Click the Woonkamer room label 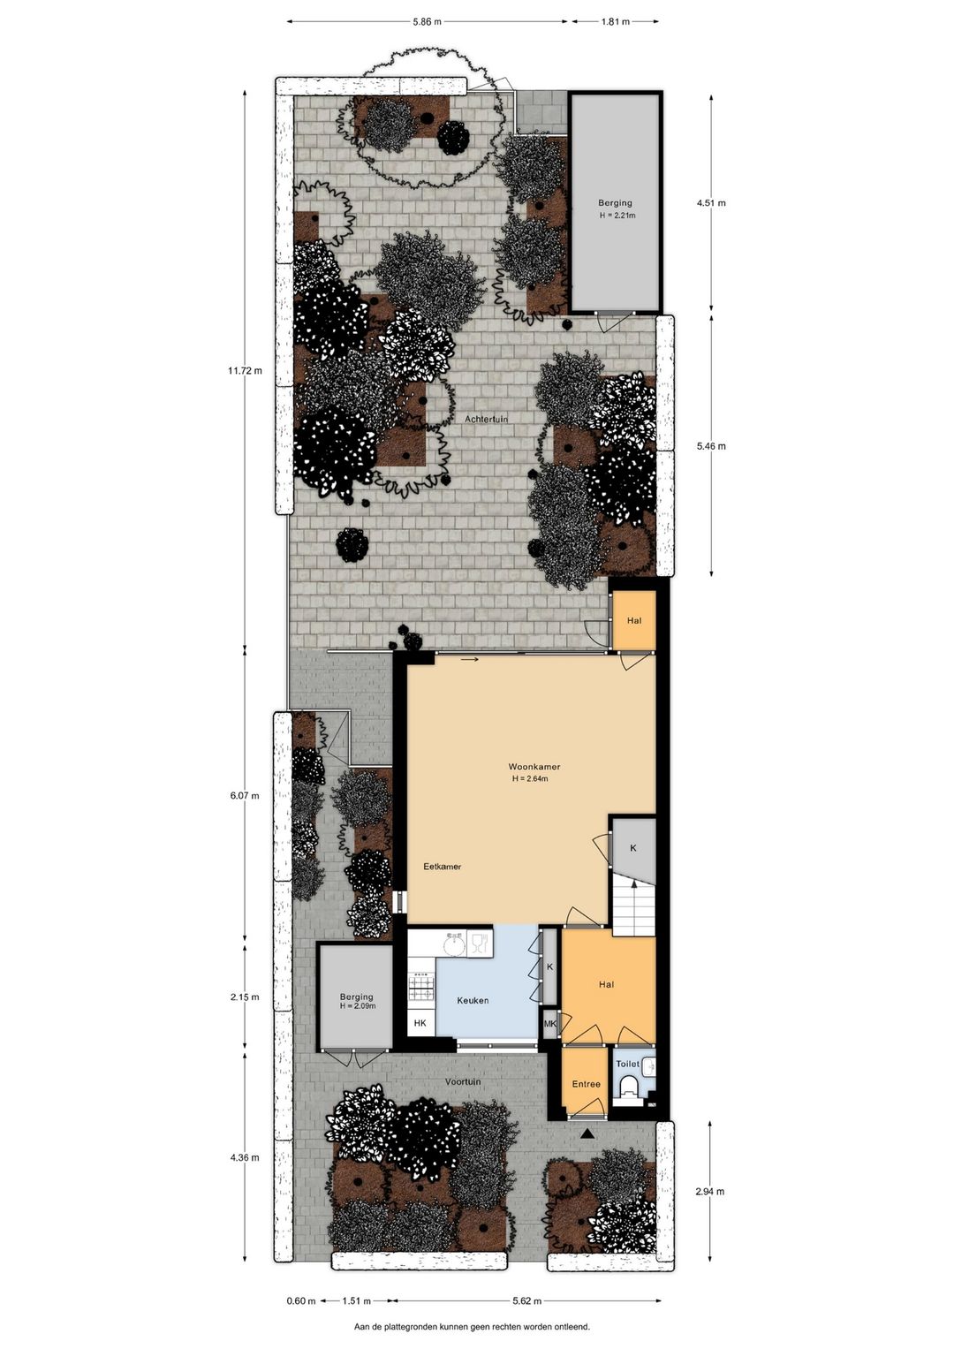pos(534,767)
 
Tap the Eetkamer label pos(442,867)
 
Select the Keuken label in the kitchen pos(473,1000)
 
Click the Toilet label pos(627,1065)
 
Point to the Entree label pos(586,1084)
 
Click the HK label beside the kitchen pos(420,1023)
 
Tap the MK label pos(549,1023)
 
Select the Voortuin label pos(463,1081)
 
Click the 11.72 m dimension pos(245,371)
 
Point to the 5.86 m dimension pos(427,22)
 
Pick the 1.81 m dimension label pos(615,22)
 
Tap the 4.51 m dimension pos(711,203)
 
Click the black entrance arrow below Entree pos(587,1134)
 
